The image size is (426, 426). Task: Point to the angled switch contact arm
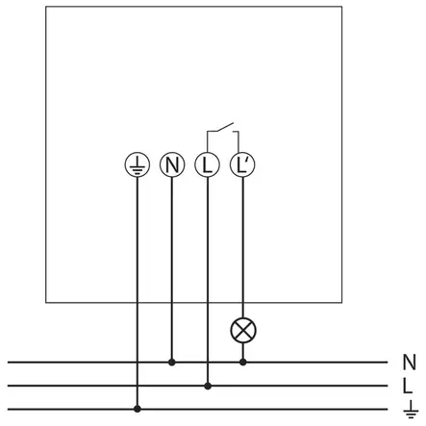tap(225, 127)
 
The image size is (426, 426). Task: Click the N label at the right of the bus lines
tap(409, 363)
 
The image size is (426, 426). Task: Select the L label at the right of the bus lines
tap(407, 386)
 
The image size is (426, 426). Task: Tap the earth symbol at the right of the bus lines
tap(411, 409)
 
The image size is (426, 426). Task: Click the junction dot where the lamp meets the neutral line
tap(243, 363)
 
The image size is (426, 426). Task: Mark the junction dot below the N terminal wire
tap(172, 363)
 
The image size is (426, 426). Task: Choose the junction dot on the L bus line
tap(208, 386)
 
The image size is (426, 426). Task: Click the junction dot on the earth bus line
tap(138, 409)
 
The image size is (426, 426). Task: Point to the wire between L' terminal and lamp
tap(242, 247)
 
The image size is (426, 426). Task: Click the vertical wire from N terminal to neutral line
tap(172, 268)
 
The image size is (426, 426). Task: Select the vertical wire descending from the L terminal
tap(208, 280)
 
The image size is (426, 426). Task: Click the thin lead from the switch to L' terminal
tap(238, 141)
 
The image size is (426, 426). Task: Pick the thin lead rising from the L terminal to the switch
tap(207, 141)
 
